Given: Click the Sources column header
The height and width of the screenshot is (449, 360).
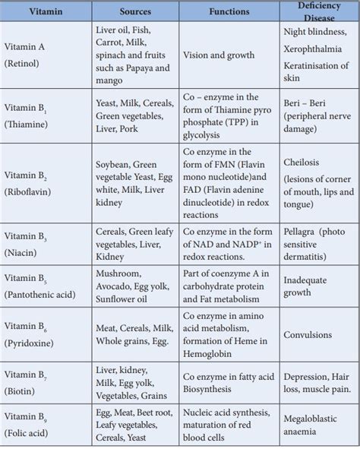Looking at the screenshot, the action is pyautogui.click(x=136, y=13).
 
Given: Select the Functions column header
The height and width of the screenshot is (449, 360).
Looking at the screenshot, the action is pyautogui.click(x=229, y=13).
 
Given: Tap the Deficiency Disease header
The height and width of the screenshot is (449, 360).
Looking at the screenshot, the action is pyautogui.click(x=318, y=13).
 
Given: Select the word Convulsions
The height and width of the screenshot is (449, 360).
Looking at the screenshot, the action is pyautogui.click(x=308, y=334).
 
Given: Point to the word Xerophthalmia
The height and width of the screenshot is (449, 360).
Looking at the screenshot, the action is pyautogui.click(x=315, y=47).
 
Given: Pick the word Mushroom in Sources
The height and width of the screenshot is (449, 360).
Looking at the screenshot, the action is pyautogui.click(x=118, y=273).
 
